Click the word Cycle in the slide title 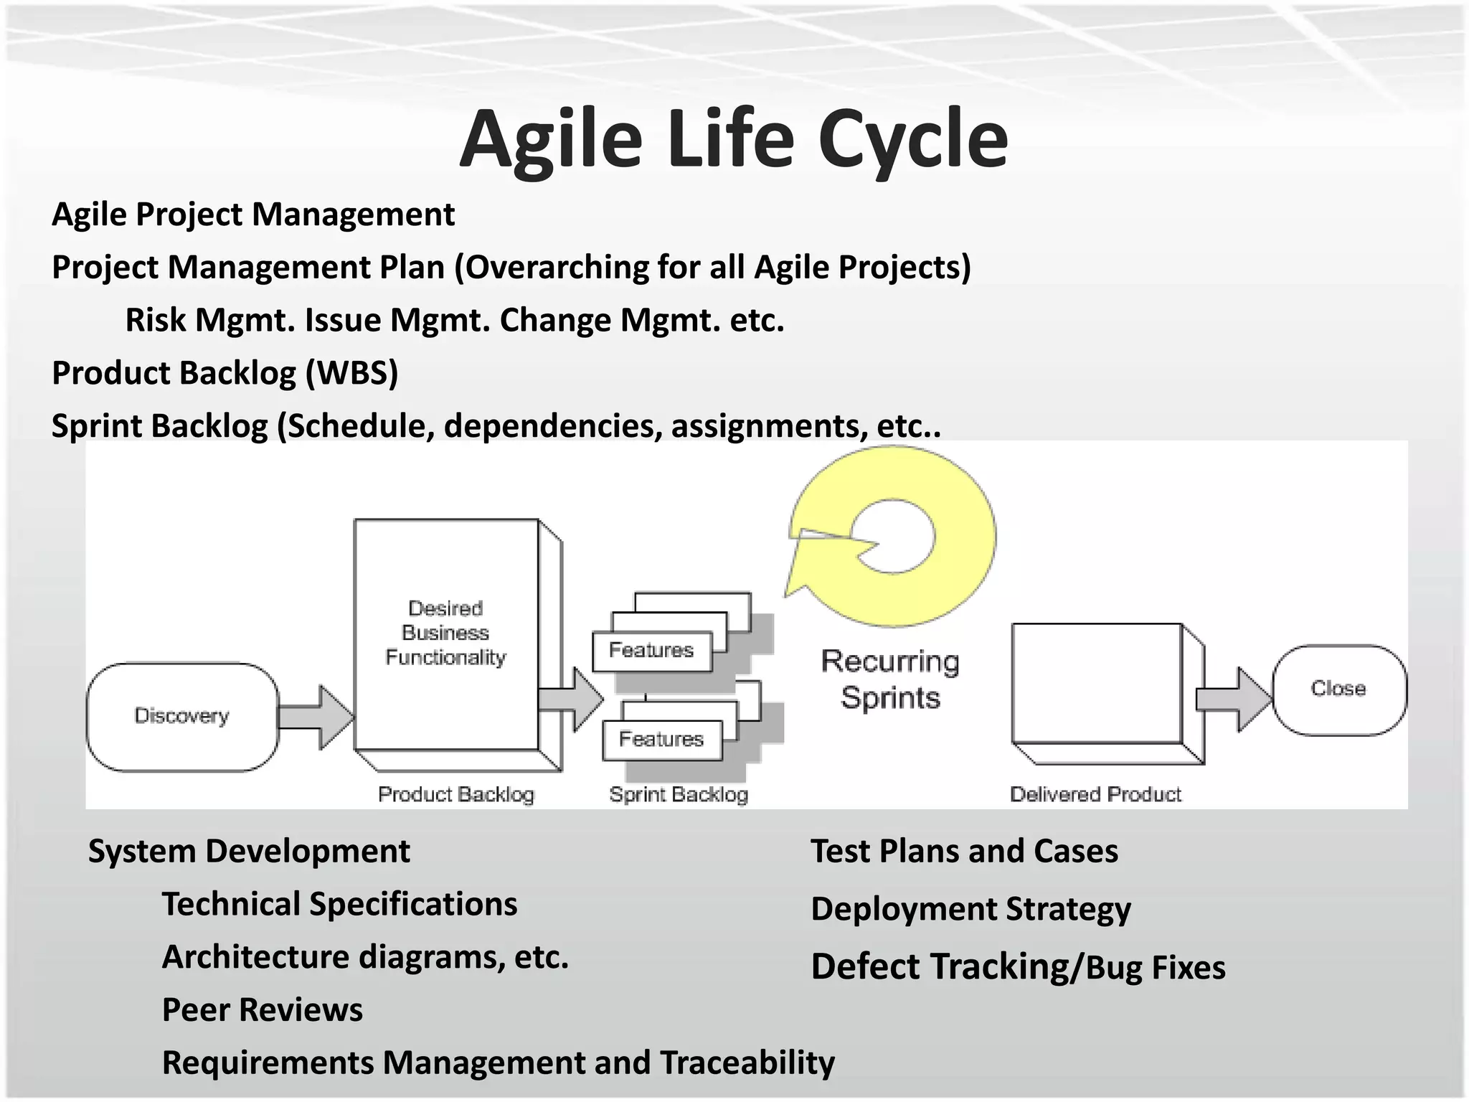912,140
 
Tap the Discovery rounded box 182,716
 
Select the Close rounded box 1338,689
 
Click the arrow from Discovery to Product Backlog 316,717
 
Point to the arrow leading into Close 1234,699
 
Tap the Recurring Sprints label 890,679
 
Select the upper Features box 651,650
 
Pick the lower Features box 661,739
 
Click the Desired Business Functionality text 445,633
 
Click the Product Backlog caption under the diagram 456,794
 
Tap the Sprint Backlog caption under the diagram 679,794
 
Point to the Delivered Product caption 1095,794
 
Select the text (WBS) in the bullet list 351,373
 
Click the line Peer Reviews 263,1009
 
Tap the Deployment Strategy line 970,909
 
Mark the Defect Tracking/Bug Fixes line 1018,967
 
